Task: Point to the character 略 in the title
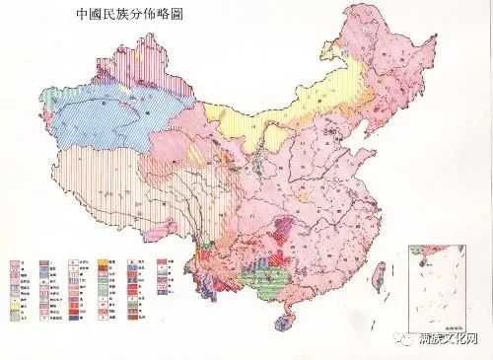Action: click(x=178, y=17)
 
